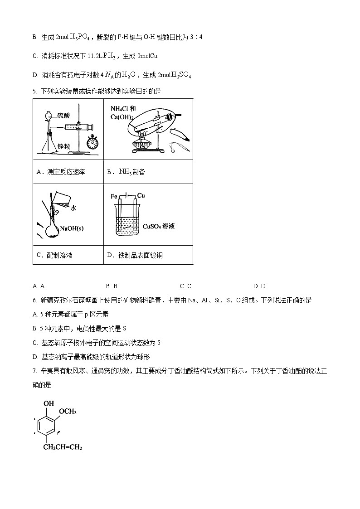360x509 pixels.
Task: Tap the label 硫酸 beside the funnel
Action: pos(63,116)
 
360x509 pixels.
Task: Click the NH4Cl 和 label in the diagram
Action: pos(123,109)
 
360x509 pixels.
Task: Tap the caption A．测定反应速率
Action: pos(61,172)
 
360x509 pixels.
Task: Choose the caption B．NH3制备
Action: pos(126,172)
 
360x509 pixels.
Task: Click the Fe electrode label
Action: pos(114,196)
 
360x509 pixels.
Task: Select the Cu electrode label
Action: pos(141,196)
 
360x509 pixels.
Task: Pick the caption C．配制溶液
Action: pos(54,256)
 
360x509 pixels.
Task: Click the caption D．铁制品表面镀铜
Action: pos(135,256)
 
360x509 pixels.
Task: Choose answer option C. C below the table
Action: pos(185,286)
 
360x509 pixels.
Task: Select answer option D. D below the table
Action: pos(259,286)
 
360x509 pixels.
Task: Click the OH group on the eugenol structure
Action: pos(49,403)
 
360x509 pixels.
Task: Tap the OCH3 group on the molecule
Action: pos(68,412)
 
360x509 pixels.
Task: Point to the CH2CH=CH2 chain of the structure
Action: pos(63,448)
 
